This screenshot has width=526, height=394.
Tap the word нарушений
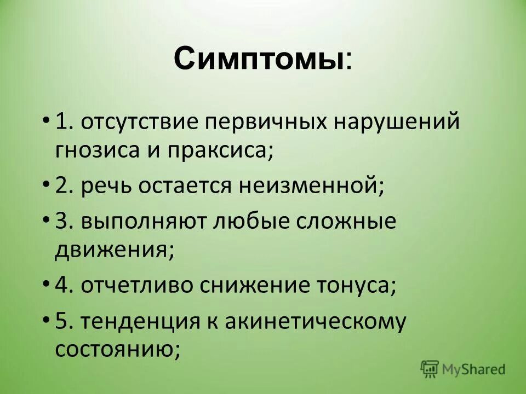(x=397, y=123)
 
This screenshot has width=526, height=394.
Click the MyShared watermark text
(x=475, y=369)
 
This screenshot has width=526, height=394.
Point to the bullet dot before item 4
(x=46, y=284)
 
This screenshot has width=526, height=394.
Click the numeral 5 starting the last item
(x=61, y=321)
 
